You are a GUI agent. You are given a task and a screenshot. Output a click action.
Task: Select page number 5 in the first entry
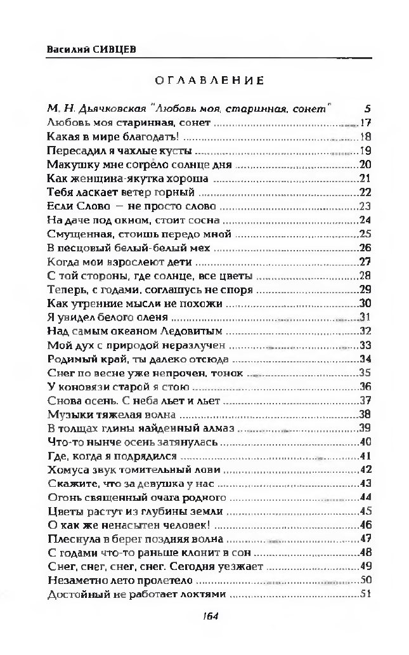coord(368,109)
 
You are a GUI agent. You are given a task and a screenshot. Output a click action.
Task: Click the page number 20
coord(365,165)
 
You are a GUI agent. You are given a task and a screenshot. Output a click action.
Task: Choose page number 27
coord(365,262)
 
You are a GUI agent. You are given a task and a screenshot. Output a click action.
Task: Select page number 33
coord(365,345)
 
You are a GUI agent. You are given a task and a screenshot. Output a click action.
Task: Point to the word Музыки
coord(68,414)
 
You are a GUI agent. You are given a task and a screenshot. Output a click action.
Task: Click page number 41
coord(365,456)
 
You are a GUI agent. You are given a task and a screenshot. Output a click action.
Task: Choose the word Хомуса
coord(67,470)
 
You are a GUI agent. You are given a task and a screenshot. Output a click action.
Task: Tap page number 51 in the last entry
coord(365,595)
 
